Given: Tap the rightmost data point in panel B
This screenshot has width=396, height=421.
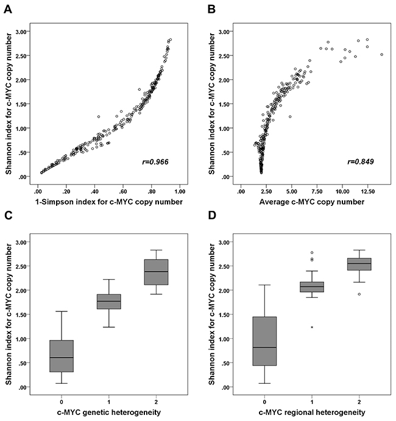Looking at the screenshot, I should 381,54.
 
